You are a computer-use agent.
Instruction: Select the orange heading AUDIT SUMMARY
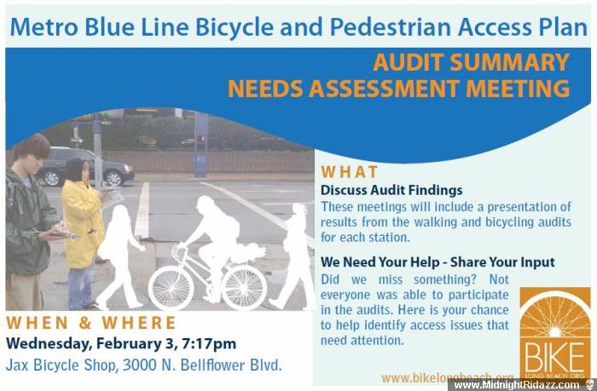point(472,62)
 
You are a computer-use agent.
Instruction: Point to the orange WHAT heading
point(349,172)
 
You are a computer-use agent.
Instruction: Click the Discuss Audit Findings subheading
point(391,190)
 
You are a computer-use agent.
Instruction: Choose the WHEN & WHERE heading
point(91,323)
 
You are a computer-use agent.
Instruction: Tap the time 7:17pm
point(209,344)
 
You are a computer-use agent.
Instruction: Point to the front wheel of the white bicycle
point(171,287)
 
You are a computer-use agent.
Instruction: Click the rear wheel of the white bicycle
point(244,287)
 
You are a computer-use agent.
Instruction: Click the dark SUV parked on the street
point(84,167)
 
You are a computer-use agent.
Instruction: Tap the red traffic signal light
point(202,139)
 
